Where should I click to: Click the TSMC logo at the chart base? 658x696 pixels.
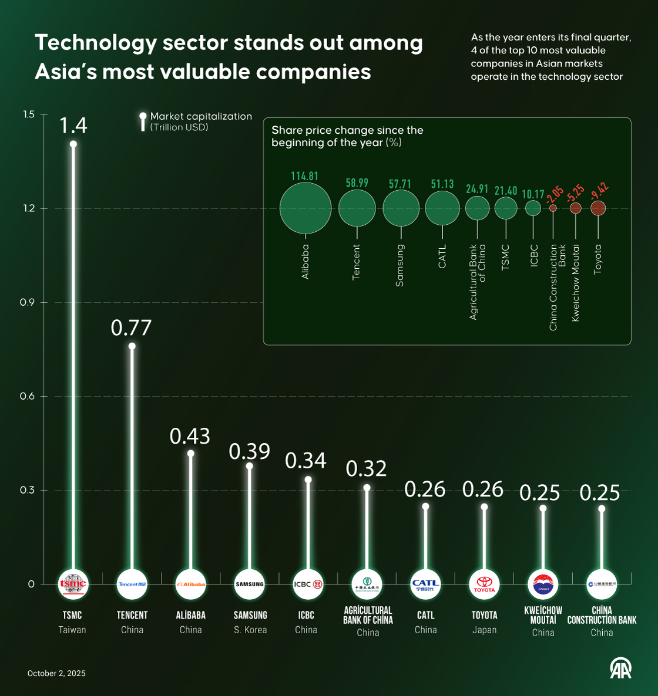[x=73, y=584]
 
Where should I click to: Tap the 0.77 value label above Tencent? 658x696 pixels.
[x=131, y=327]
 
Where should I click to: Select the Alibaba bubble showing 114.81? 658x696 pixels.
[x=305, y=208]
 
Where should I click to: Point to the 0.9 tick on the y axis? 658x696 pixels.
[x=27, y=302]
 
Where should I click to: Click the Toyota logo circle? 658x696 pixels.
[x=485, y=584]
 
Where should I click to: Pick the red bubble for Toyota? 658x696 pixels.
[x=598, y=208]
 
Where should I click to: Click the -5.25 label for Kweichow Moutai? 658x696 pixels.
[x=575, y=192]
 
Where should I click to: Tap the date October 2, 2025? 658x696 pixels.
[x=56, y=673]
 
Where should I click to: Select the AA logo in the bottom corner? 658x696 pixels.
[x=620, y=668]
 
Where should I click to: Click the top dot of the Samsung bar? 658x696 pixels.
[x=249, y=466]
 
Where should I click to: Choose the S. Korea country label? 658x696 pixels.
[x=250, y=630]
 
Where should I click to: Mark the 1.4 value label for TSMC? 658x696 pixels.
[x=73, y=125]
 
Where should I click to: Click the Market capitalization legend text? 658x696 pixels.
[x=201, y=116]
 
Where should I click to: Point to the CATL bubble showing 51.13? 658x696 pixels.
[x=442, y=208]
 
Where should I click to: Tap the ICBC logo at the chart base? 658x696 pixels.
[x=308, y=584]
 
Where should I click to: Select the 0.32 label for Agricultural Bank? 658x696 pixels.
[x=366, y=468]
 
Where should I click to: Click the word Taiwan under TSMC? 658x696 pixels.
[x=72, y=630]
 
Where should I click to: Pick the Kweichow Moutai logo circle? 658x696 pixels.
[x=543, y=584]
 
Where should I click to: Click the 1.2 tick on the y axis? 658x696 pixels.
[x=27, y=208]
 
